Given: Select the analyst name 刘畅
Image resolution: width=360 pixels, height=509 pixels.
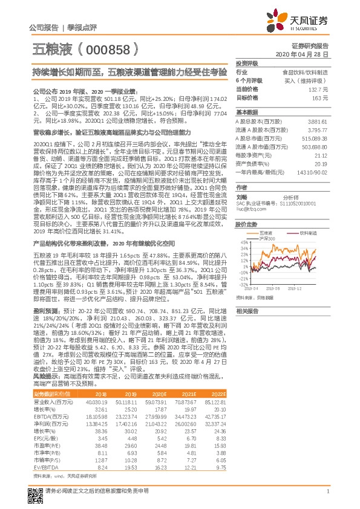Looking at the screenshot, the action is point(242,196).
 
